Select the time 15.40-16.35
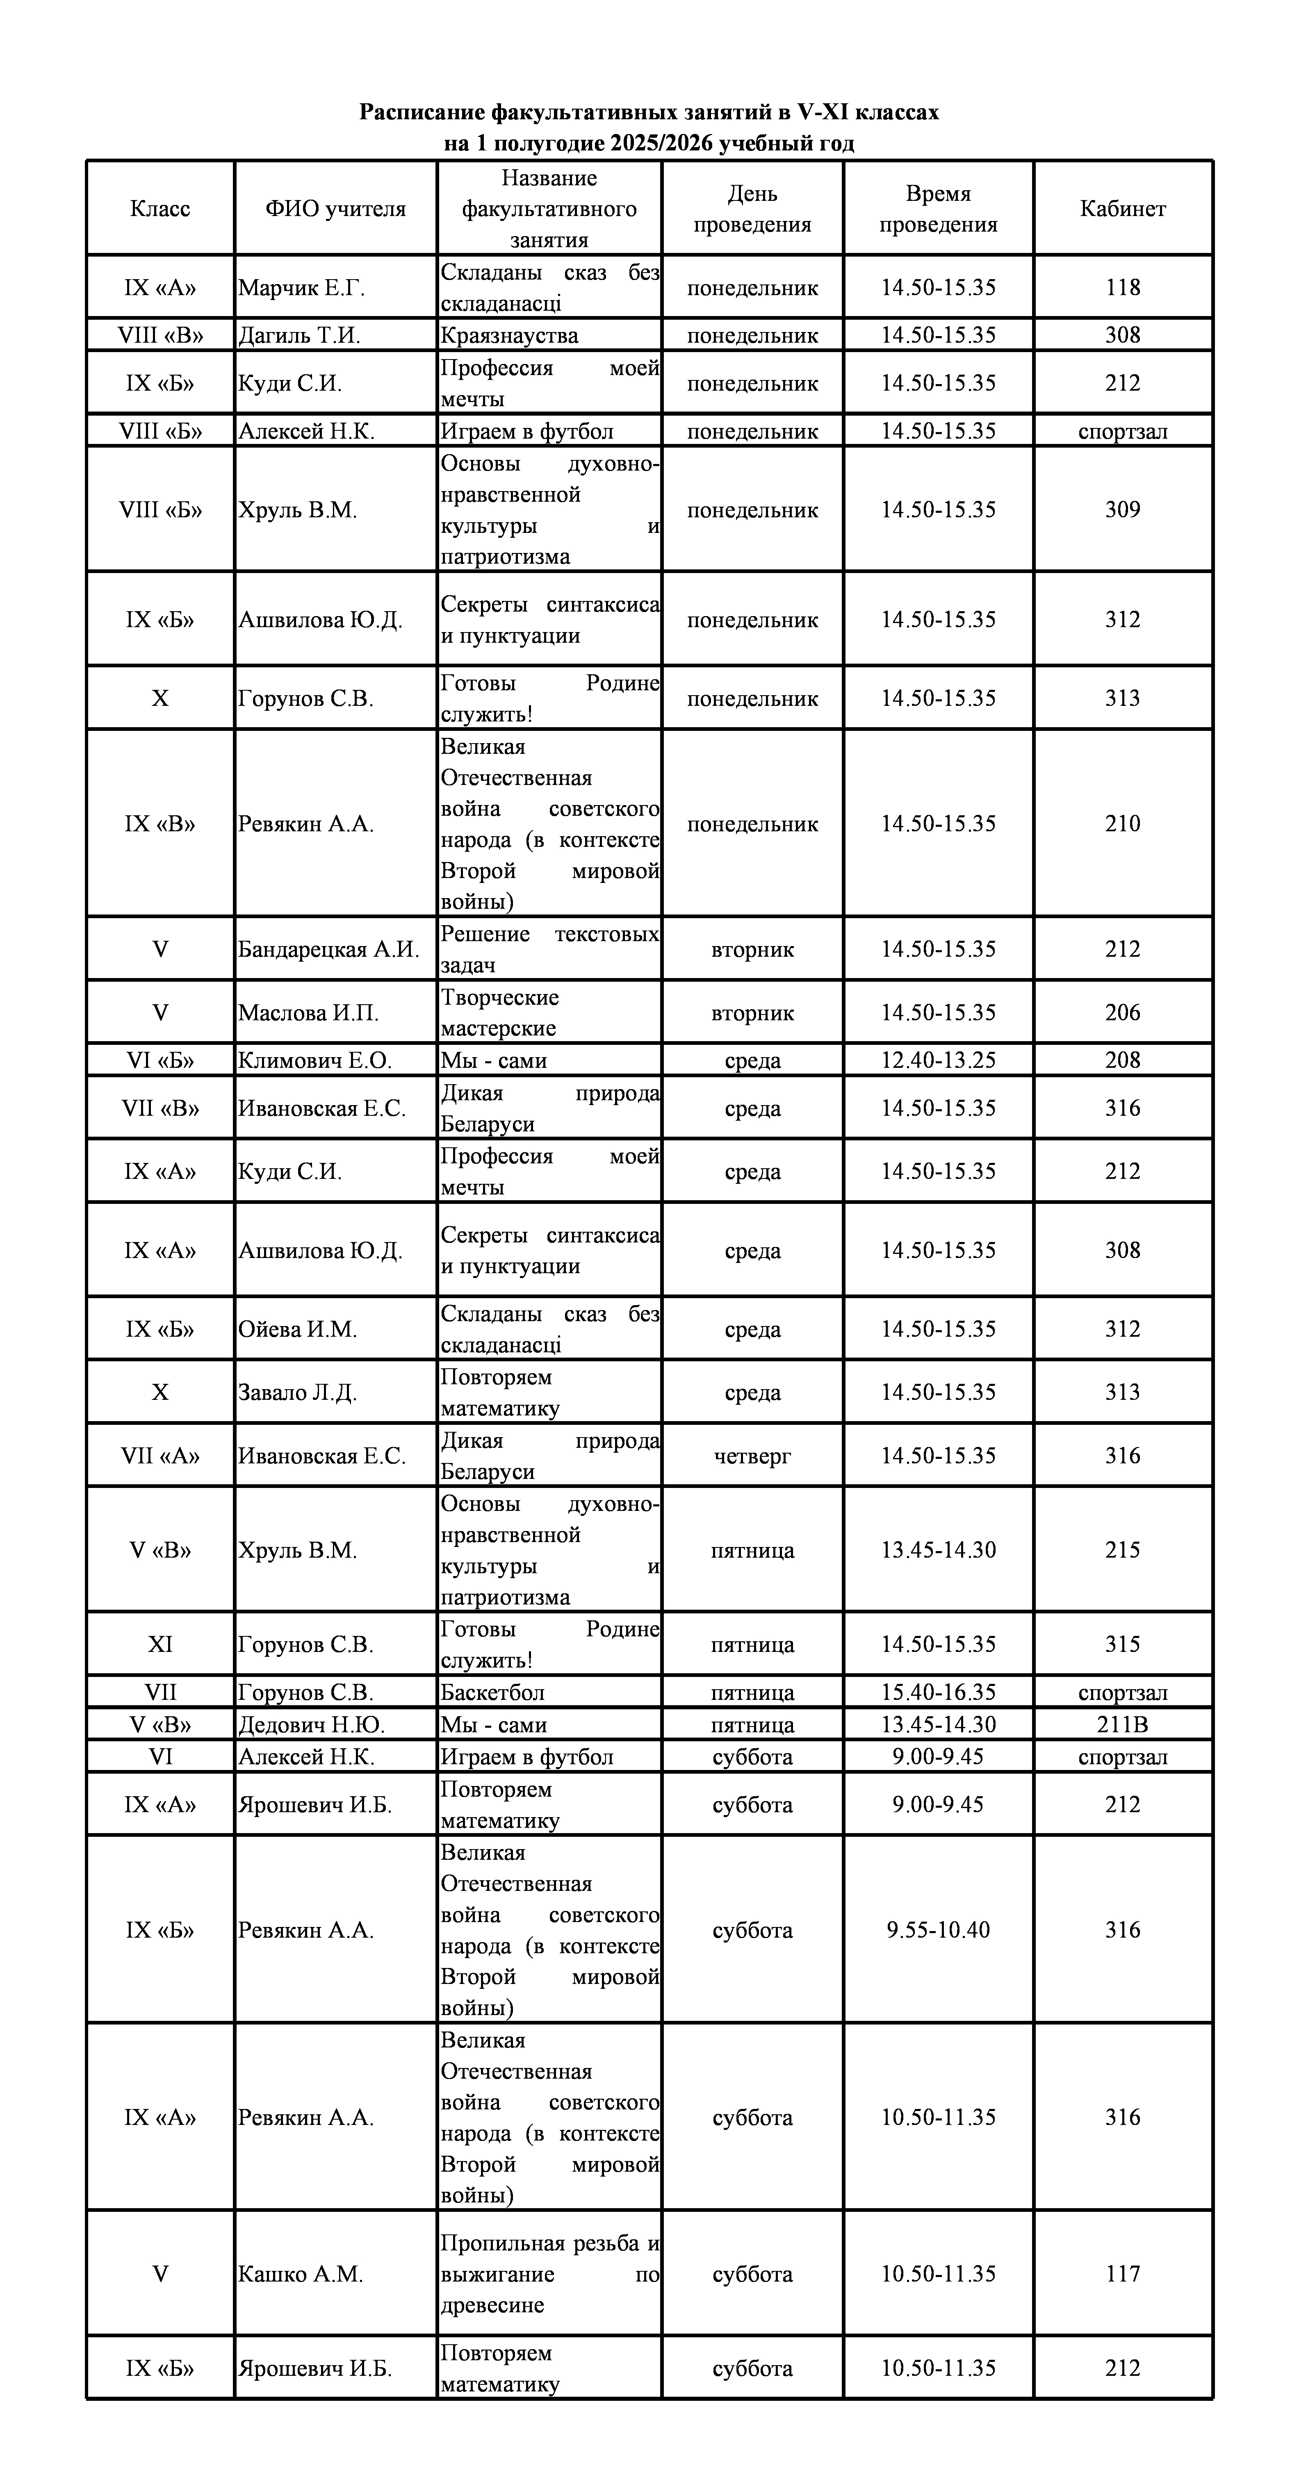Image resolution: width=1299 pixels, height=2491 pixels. pos(937,1692)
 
